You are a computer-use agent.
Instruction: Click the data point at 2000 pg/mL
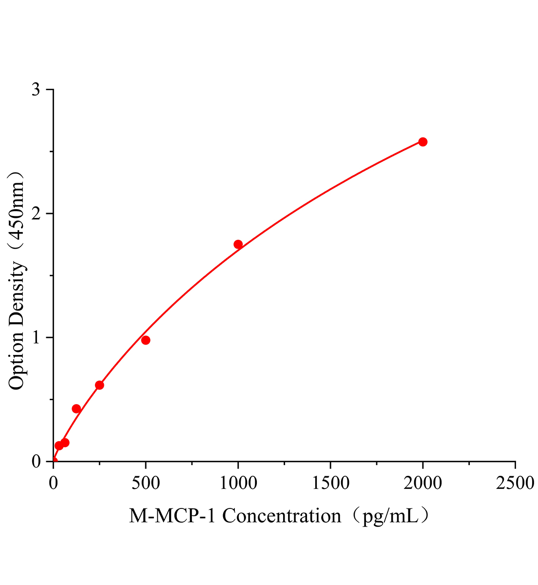(x=423, y=142)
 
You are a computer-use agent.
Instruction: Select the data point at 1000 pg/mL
(x=238, y=244)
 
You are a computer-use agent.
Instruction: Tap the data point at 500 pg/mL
(x=146, y=340)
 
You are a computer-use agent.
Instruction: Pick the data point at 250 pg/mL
(x=99, y=385)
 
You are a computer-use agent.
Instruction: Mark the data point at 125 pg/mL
(x=76, y=409)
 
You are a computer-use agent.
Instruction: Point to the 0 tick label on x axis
(x=53, y=483)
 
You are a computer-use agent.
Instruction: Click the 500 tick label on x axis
(x=146, y=483)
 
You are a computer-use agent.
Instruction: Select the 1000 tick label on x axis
(x=238, y=483)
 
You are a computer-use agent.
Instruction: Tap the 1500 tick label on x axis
(x=330, y=483)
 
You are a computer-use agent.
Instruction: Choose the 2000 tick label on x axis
(x=423, y=483)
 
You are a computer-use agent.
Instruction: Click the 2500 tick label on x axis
(x=515, y=483)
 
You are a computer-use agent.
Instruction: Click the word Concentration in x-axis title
(x=282, y=516)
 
